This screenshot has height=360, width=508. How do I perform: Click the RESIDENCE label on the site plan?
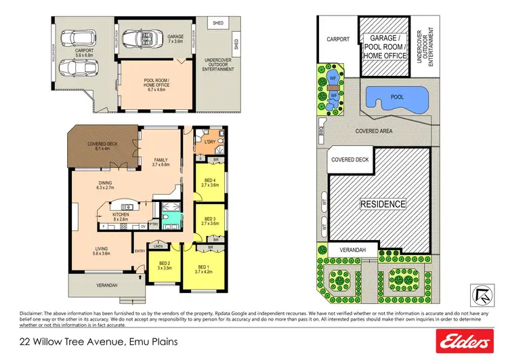[x=383, y=203]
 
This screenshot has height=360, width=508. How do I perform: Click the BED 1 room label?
[x=204, y=268]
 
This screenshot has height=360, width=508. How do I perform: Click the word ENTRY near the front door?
[x=140, y=252]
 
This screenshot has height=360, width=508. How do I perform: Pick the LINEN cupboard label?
[x=159, y=245]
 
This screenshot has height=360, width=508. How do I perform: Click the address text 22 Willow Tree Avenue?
[x=68, y=342]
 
